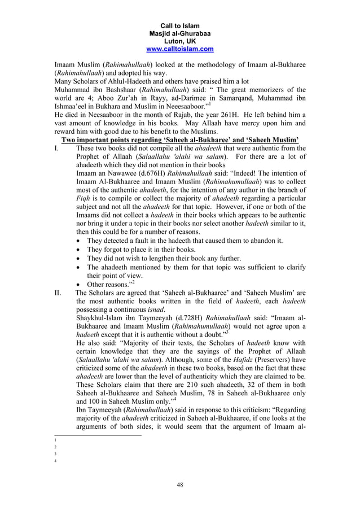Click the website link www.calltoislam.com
180,49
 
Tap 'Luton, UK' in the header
180,41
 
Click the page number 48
180,484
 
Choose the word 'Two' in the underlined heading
69,140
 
